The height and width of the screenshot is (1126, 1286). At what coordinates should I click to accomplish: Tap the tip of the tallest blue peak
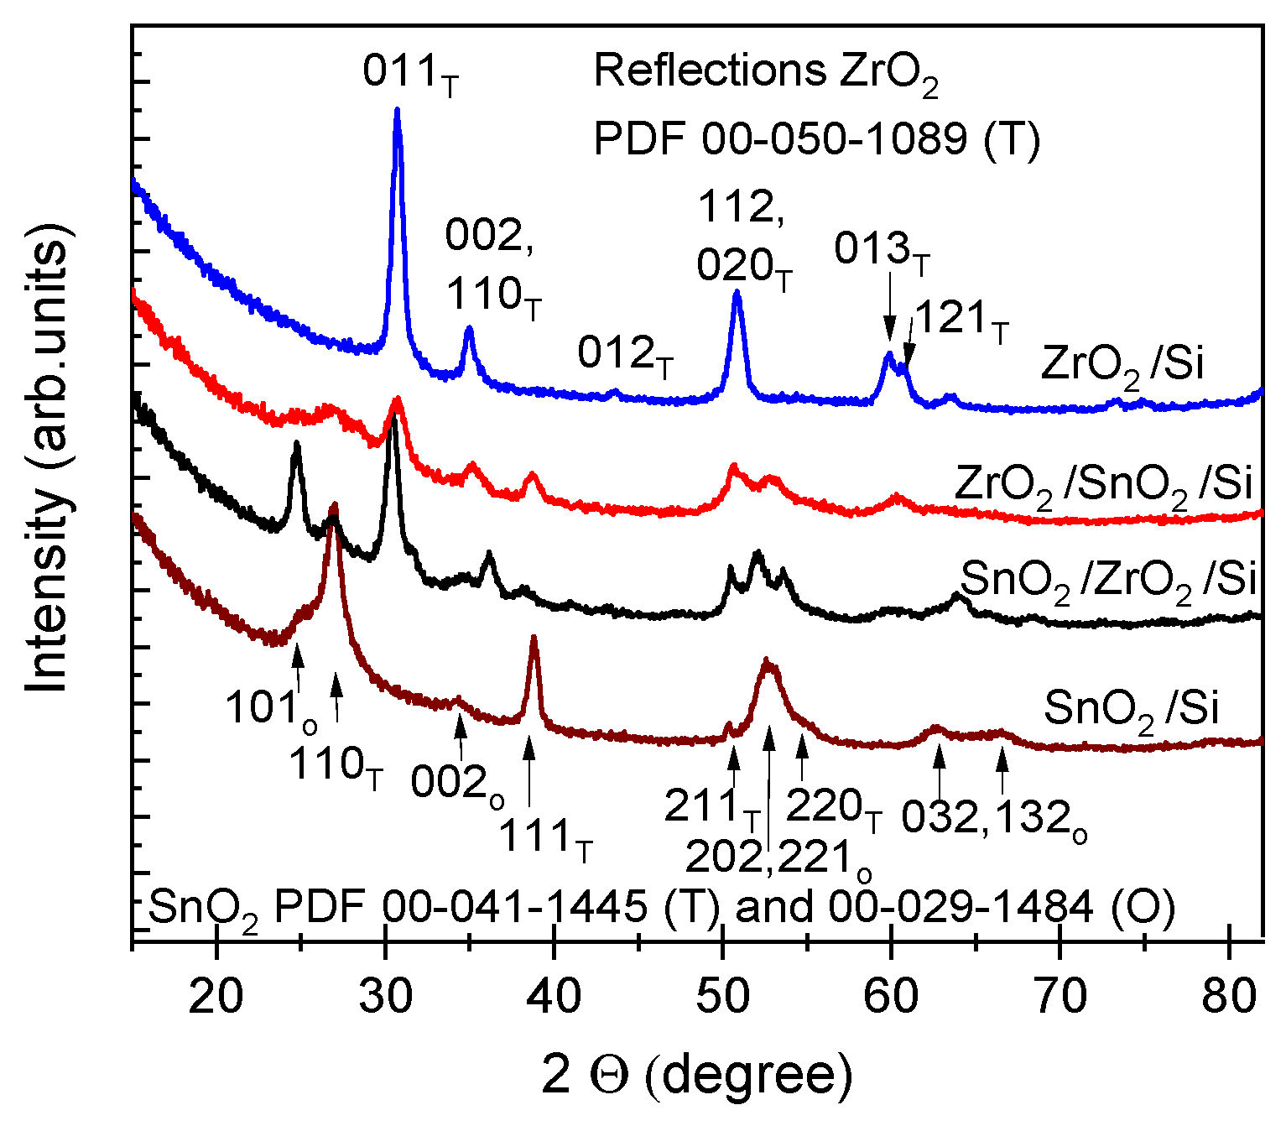coord(397,110)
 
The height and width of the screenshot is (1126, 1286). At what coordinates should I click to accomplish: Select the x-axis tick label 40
coord(554,996)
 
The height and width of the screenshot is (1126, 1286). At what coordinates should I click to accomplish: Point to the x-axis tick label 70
coord(1060,996)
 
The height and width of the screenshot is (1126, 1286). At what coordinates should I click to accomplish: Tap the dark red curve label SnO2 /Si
coord(1131,710)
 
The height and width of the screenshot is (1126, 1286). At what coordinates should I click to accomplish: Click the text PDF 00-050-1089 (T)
coord(816,138)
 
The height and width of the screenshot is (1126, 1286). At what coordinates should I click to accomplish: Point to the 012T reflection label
coord(625,356)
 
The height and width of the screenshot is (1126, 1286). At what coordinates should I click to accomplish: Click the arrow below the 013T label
coord(889,319)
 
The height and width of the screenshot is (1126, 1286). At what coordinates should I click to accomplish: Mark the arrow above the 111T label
coord(528,772)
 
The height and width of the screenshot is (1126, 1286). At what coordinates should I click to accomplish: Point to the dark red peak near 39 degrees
coord(534,638)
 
